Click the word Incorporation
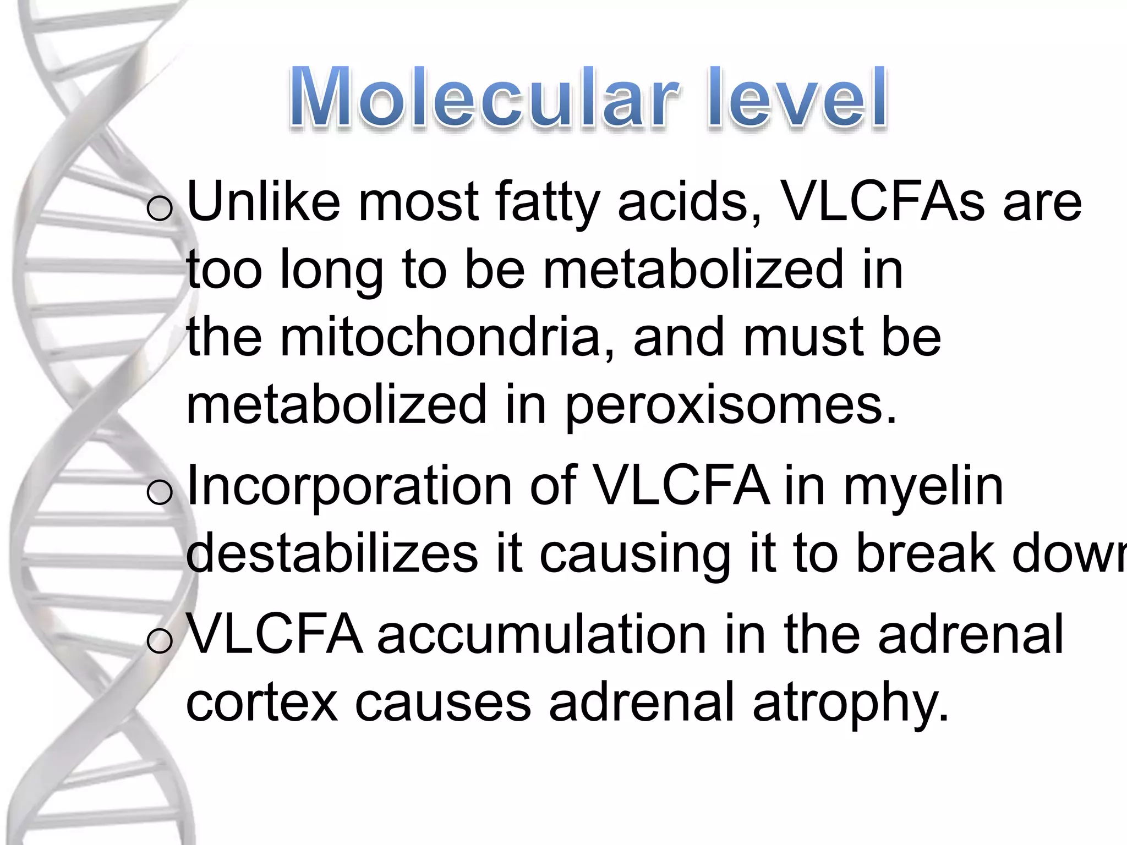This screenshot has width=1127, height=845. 349,486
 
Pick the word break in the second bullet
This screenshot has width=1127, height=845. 924,553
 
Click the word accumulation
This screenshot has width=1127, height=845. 541,635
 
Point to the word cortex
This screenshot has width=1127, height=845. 262,702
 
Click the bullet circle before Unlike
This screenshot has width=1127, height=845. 160,209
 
